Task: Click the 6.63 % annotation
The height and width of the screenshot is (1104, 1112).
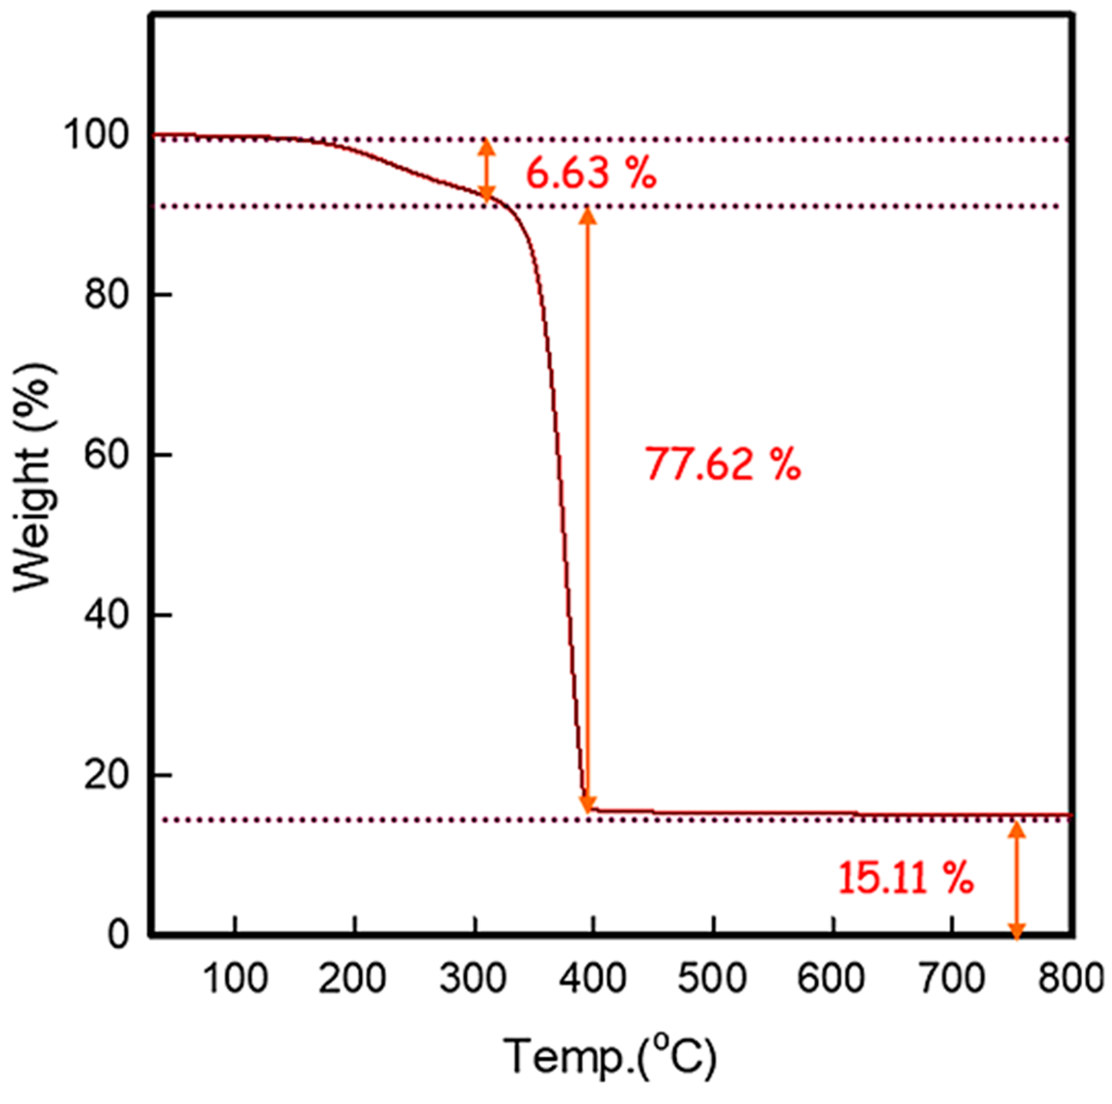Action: [x=591, y=174]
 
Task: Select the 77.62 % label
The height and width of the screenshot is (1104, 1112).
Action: [x=722, y=465]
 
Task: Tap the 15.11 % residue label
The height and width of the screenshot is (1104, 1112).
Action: [x=905, y=878]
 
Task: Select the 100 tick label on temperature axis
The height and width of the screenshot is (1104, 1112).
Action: [x=236, y=979]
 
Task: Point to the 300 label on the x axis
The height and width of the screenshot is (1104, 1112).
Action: [x=474, y=979]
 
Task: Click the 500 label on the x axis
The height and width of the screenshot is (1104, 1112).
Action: [x=713, y=979]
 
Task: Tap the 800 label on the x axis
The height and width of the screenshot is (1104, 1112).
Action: [x=1069, y=979]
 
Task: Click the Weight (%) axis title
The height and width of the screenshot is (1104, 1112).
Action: [x=34, y=478]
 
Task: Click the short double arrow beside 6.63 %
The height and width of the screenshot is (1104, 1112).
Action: [x=487, y=170]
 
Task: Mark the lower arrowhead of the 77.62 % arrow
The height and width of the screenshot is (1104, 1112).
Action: [x=588, y=803]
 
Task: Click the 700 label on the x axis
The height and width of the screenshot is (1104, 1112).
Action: [x=951, y=979]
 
